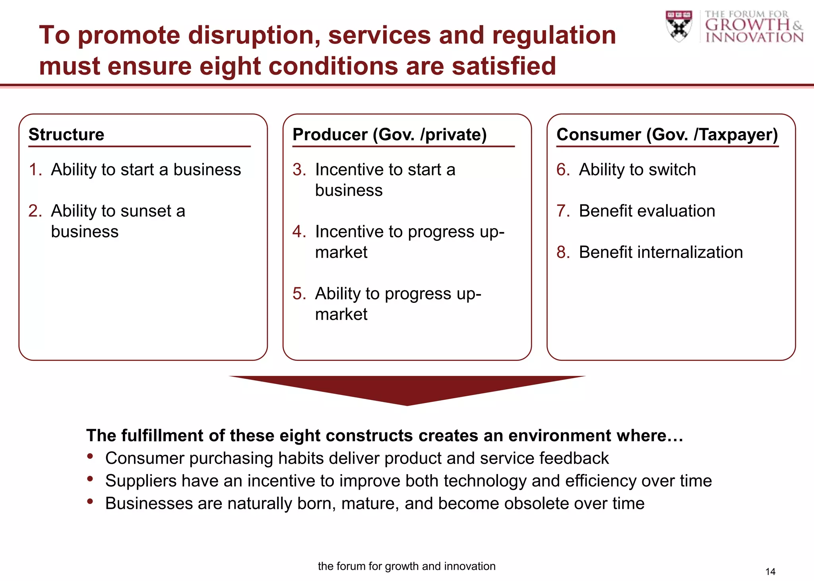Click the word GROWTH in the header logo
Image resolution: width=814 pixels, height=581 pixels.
click(748, 25)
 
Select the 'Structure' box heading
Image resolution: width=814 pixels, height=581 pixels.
click(66, 134)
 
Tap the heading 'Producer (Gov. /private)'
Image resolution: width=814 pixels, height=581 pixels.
click(390, 134)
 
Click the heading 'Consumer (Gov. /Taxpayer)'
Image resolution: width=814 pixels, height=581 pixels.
click(667, 134)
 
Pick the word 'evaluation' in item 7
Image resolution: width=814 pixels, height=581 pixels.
click(680, 211)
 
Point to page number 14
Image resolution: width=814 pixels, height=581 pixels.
click(770, 571)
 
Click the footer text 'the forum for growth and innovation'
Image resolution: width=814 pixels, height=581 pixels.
click(407, 566)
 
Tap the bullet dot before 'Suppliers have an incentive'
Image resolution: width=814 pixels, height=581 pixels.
click(90, 479)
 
